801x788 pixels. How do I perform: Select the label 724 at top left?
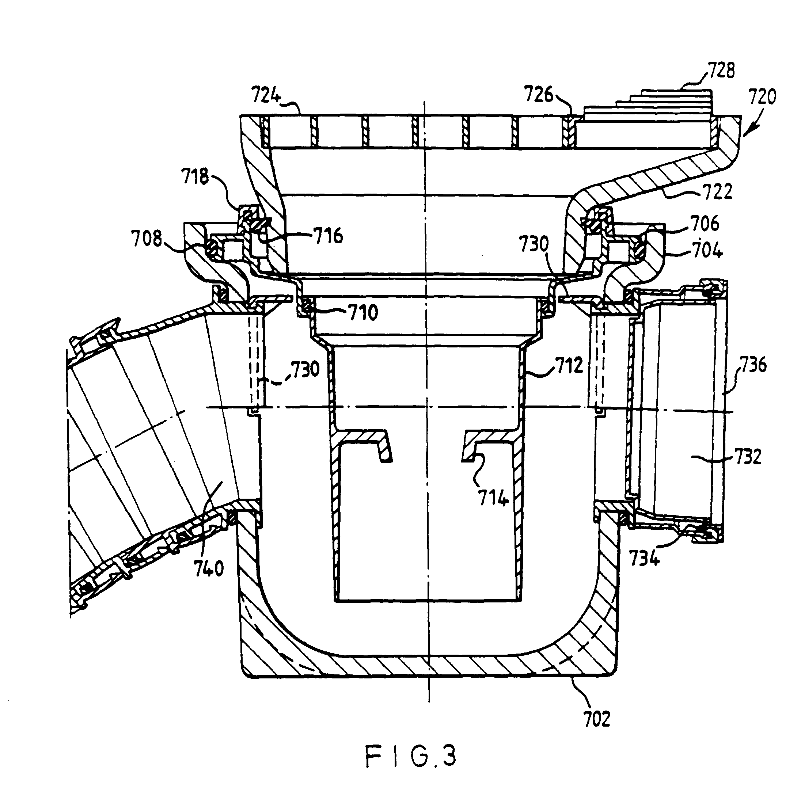265,96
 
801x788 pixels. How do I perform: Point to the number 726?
539,94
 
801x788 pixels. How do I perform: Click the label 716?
328,236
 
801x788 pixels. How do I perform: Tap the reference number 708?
147,239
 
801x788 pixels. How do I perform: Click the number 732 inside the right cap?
748,457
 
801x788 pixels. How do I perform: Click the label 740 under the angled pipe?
209,569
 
